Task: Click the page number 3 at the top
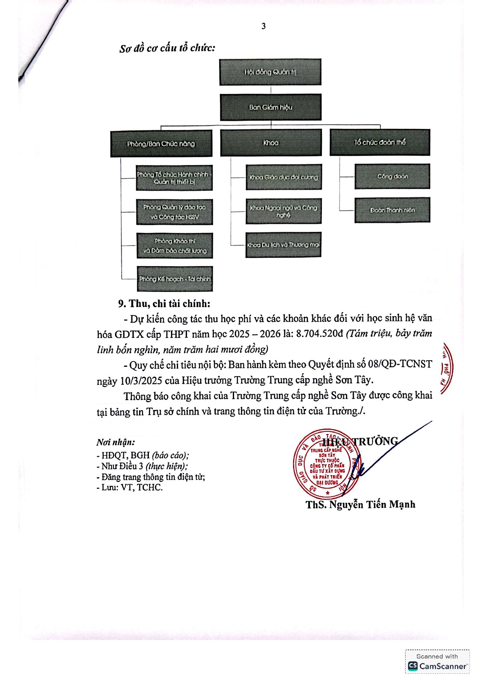pyautogui.click(x=264, y=26)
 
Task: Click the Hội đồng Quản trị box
pyautogui.click(x=270, y=72)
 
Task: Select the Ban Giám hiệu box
pyautogui.click(x=271, y=107)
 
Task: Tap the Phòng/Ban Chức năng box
pyautogui.click(x=161, y=143)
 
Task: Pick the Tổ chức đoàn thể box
pyautogui.click(x=380, y=142)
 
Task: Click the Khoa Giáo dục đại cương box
pyautogui.click(x=284, y=177)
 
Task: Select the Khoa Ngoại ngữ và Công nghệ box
pyautogui.click(x=283, y=211)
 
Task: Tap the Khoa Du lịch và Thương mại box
pyautogui.click(x=283, y=245)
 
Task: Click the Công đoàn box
pyautogui.click(x=392, y=176)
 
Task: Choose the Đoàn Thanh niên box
pyautogui.click(x=392, y=210)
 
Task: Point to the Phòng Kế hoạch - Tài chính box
pyautogui.click(x=175, y=279)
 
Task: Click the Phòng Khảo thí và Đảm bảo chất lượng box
pyautogui.click(x=175, y=246)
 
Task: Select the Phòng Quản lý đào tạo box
pyautogui.click(x=175, y=212)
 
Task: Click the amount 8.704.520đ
pyautogui.click(x=320, y=334)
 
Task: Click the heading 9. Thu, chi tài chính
pyautogui.click(x=164, y=303)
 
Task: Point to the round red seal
pyautogui.click(x=326, y=464)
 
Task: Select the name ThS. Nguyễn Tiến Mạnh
pyautogui.click(x=360, y=504)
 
